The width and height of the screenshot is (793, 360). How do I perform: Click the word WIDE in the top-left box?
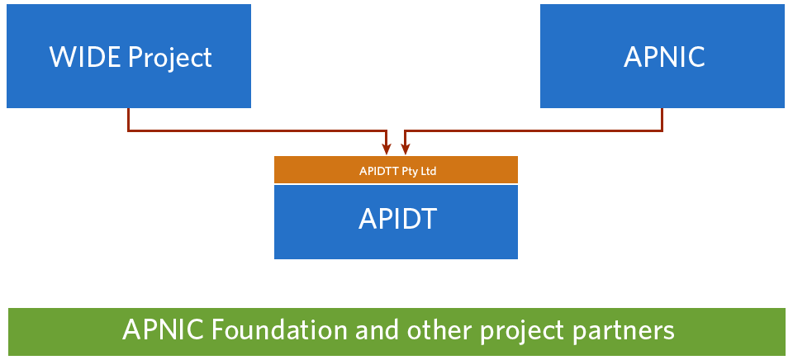[85, 57]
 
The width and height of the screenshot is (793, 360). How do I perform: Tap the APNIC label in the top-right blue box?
[664, 57]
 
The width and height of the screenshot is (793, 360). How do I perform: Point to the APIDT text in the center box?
[397, 220]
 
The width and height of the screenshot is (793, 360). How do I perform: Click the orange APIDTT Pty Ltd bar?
[396, 169]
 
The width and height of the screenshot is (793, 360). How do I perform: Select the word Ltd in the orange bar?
[429, 171]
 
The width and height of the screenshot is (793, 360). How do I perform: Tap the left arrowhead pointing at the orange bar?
[387, 149]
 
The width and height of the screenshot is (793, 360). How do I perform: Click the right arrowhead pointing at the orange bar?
[405, 149]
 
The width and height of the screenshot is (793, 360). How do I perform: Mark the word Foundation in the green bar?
[279, 330]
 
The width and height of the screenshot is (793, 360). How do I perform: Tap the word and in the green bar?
[378, 330]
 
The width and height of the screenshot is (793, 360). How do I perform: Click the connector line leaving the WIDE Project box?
[258, 131]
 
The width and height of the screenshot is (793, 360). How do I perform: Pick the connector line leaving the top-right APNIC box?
[534, 131]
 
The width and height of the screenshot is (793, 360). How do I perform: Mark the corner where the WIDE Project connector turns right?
[129, 131]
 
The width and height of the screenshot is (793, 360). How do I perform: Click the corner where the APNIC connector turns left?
[662, 131]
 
